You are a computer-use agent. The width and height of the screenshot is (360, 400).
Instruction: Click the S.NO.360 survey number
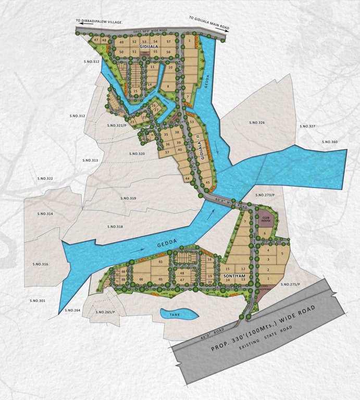330,142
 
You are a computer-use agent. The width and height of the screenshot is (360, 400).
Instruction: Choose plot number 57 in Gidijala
169,41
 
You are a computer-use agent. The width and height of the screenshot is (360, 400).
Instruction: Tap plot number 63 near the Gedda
161,261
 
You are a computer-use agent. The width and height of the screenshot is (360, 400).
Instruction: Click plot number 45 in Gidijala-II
208,182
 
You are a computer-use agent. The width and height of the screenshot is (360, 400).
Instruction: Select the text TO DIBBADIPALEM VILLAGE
98,22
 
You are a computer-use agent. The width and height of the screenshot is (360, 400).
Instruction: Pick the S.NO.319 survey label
128,198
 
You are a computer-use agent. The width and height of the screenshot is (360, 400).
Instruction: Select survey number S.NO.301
38,301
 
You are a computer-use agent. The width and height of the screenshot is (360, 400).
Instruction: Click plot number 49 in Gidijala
121,42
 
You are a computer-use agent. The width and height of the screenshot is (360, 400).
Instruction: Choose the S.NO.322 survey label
45,179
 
